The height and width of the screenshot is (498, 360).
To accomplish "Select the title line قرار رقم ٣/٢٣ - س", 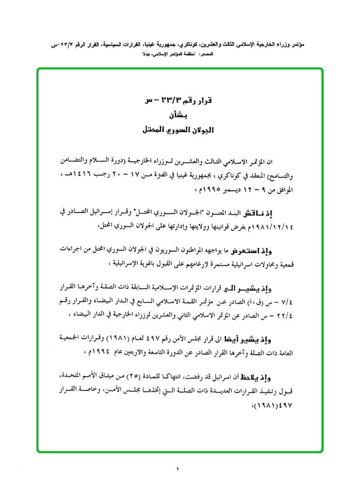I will click(x=178, y=100).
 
